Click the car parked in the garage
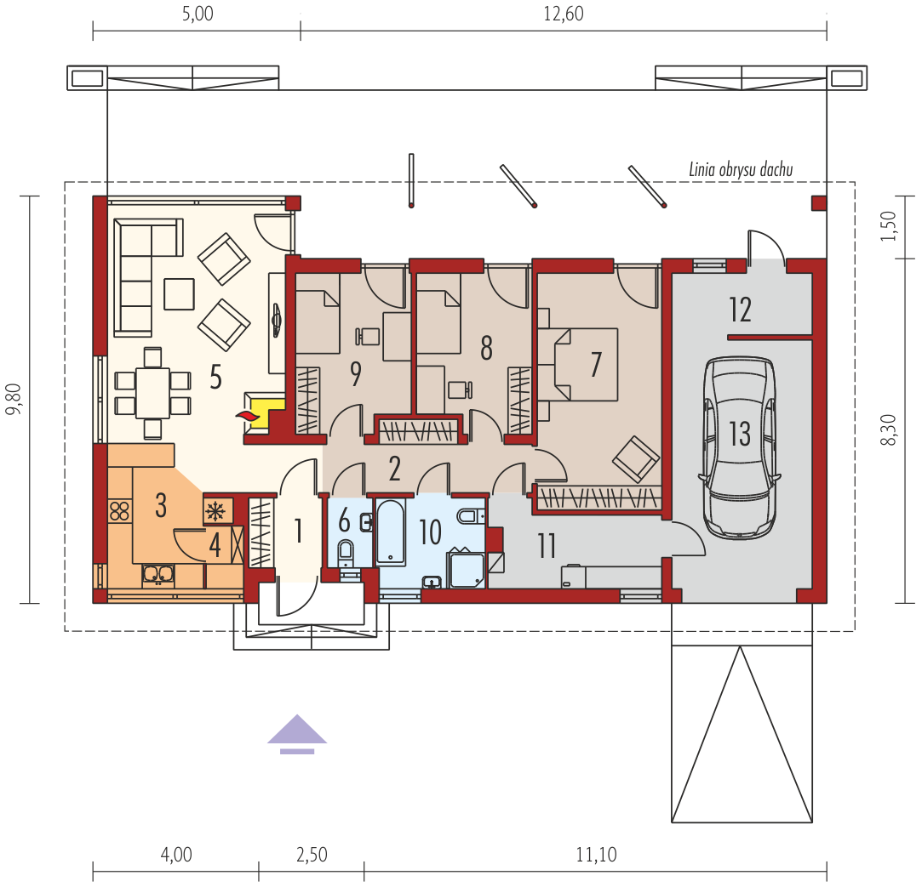[x=740, y=447]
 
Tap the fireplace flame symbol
[x=248, y=415]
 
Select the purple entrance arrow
[x=297, y=734]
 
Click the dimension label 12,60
[x=564, y=14]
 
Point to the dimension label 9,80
[x=14, y=400]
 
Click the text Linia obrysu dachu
[x=741, y=170]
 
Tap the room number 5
[x=215, y=377]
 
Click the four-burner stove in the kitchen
[x=119, y=510]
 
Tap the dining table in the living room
[x=152, y=393]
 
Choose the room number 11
[x=547, y=546]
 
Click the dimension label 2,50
[x=312, y=855]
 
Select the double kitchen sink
[x=157, y=574]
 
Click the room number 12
[x=741, y=310]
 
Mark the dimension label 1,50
[x=889, y=225]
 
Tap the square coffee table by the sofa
[x=179, y=293]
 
